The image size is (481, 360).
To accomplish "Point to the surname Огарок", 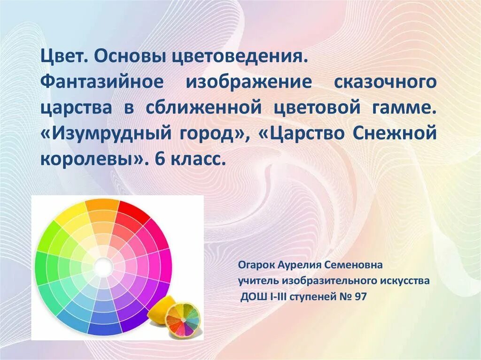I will (256, 265).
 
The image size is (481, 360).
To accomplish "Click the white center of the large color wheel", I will (103, 267).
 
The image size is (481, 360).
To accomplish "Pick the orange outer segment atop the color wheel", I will (102, 205).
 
